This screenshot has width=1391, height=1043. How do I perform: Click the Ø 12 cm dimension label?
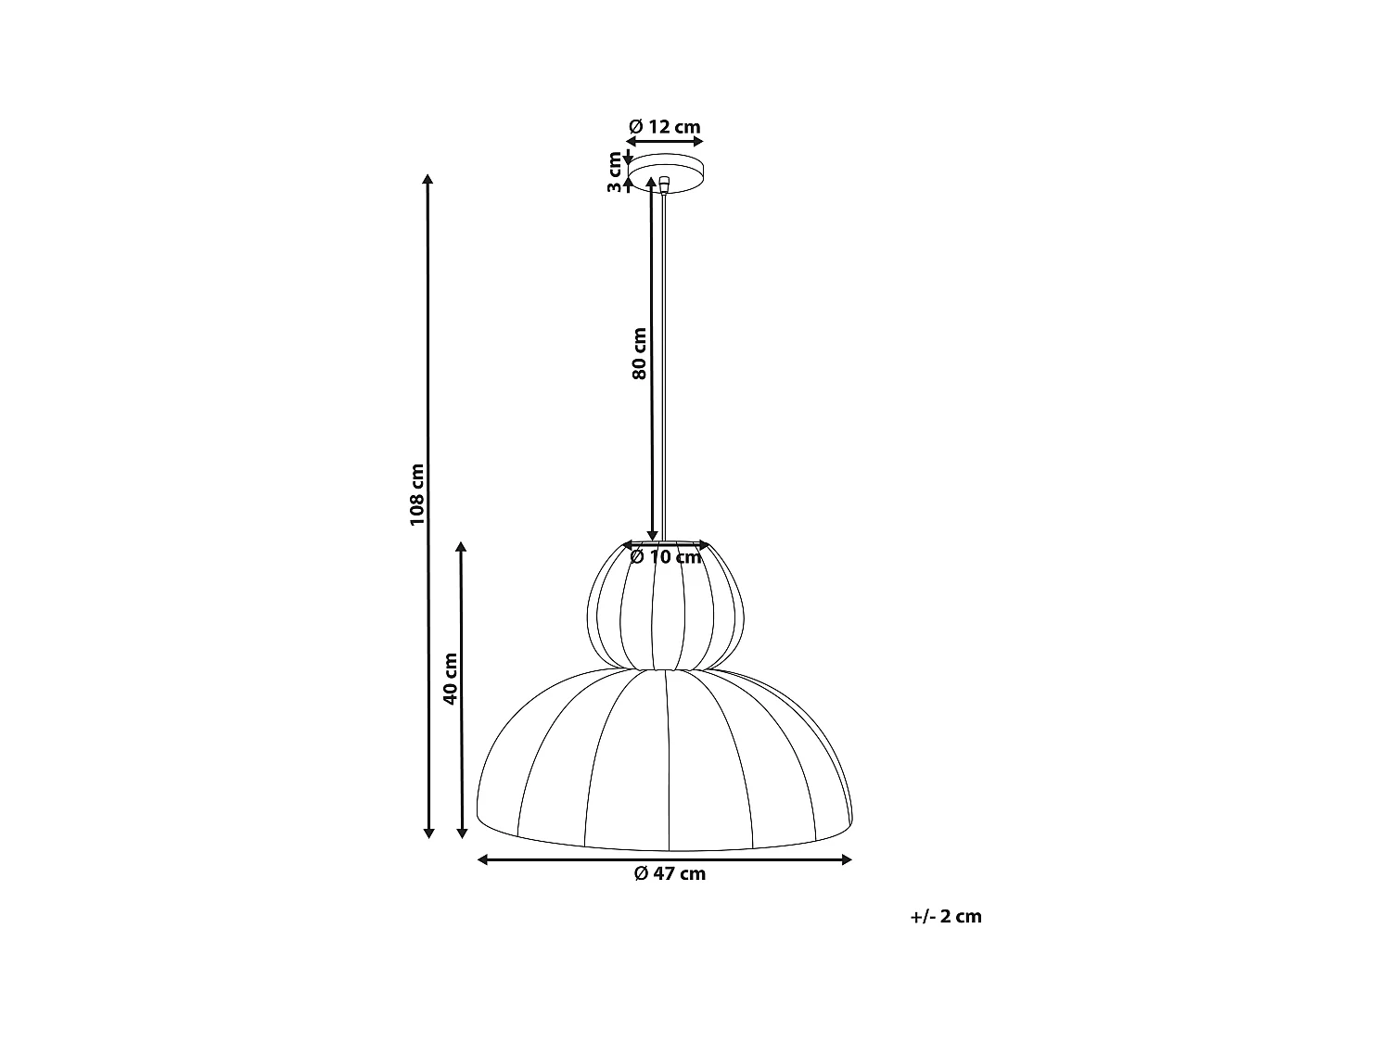(x=664, y=126)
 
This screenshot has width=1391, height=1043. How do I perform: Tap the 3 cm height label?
(x=613, y=172)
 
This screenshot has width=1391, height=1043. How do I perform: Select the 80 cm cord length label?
(x=638, y=353)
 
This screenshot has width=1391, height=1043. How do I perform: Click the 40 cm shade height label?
(x=450, y=679)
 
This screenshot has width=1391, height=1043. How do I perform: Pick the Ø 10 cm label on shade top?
(x=666, y=557)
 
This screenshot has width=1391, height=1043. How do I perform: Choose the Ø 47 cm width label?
(x=670, y=873)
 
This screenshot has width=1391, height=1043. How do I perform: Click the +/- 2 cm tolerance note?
(x=946, y=916)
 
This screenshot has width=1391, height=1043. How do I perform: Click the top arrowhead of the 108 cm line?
(x=428, y=179)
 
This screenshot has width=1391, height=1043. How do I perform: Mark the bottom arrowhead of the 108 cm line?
(x=428, y=832)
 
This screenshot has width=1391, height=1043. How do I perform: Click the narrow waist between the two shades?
(x=665, y=668)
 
